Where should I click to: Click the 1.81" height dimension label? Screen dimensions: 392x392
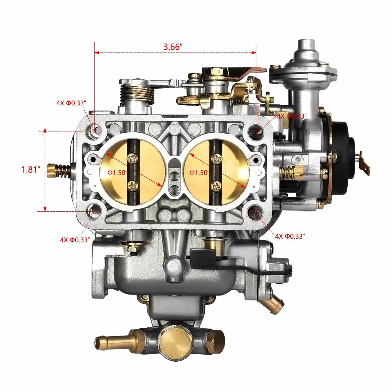point(31,170)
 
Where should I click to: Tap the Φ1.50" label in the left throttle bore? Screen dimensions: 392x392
point(117,172)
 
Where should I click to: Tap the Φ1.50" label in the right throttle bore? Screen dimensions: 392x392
point(200,172)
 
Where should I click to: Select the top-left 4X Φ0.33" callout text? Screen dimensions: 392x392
point(71,103)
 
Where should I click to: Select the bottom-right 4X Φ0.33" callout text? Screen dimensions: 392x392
point(290,236)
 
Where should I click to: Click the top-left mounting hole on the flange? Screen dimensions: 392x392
point(95,130)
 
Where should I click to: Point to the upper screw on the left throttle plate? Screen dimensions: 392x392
point(132,158)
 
